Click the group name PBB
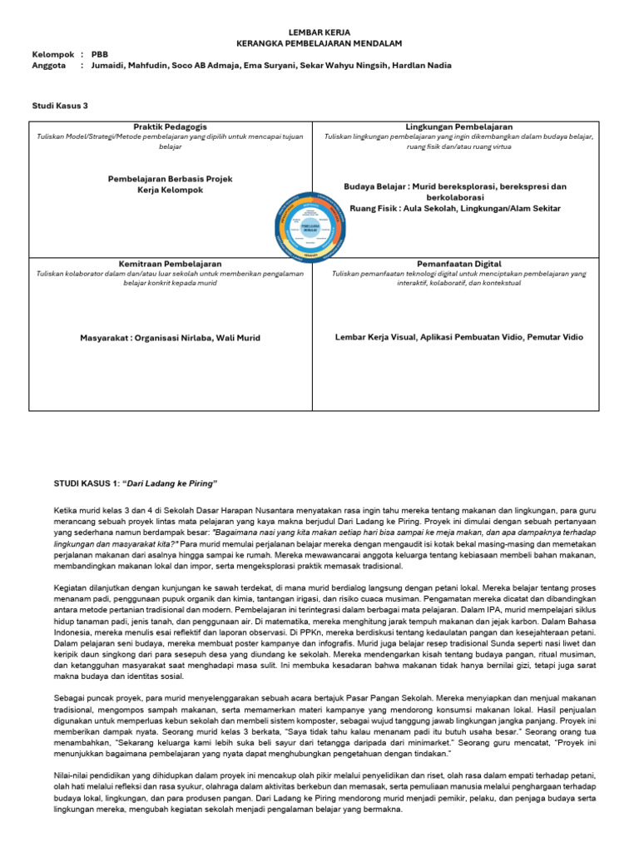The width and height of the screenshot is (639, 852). (x=101, y=53)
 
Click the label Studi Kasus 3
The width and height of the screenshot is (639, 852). (x=59, y=106)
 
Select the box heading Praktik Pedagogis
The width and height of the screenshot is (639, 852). (x=171, y=126)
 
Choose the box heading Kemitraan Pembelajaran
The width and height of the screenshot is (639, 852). (x=171, y=263)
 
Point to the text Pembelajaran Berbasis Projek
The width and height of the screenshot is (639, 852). (x=171, y=179)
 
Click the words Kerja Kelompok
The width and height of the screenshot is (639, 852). (x=171, y=191)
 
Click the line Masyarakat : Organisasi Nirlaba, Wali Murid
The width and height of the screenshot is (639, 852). (x=171, y=337)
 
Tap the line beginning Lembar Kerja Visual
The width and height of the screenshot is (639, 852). (x=459, y=337)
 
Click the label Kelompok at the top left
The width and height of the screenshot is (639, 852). (x=52, y=53)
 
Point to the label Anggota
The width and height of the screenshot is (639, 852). (x=48, y=66)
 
